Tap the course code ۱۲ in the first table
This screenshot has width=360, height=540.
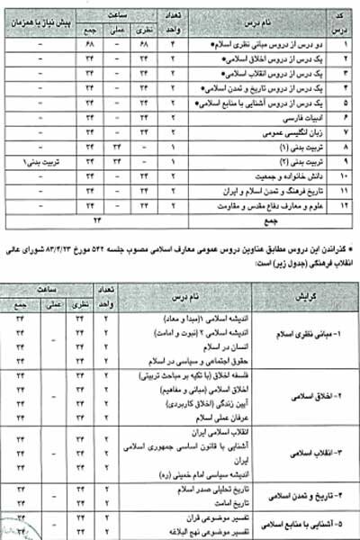pyautogui.click(x=341, y=205)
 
